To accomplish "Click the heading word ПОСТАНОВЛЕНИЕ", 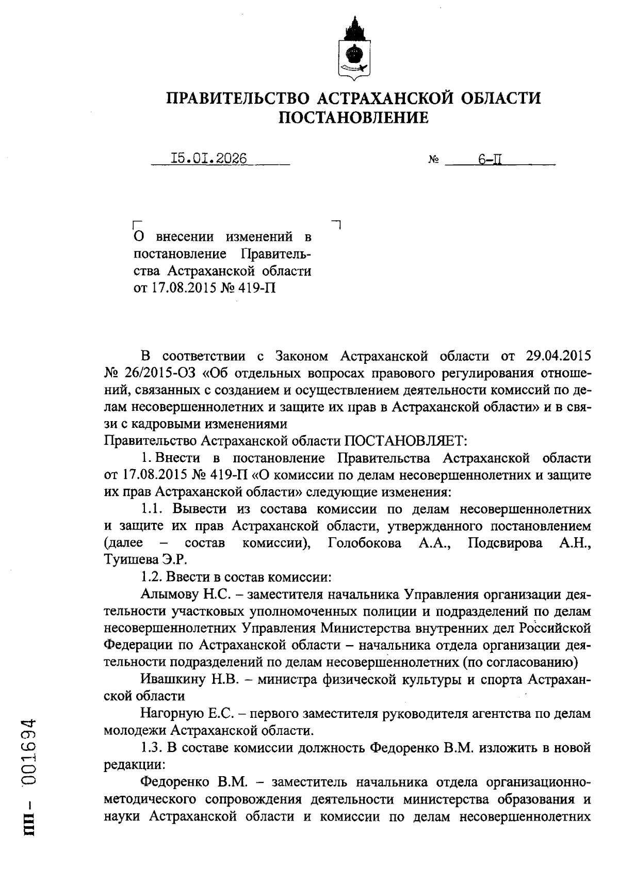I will (x=353, y=118).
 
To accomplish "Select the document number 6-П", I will (x=491, y=159).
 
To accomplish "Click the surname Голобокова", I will (x=364, y=543).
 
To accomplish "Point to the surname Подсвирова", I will (x=505, y=543).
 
